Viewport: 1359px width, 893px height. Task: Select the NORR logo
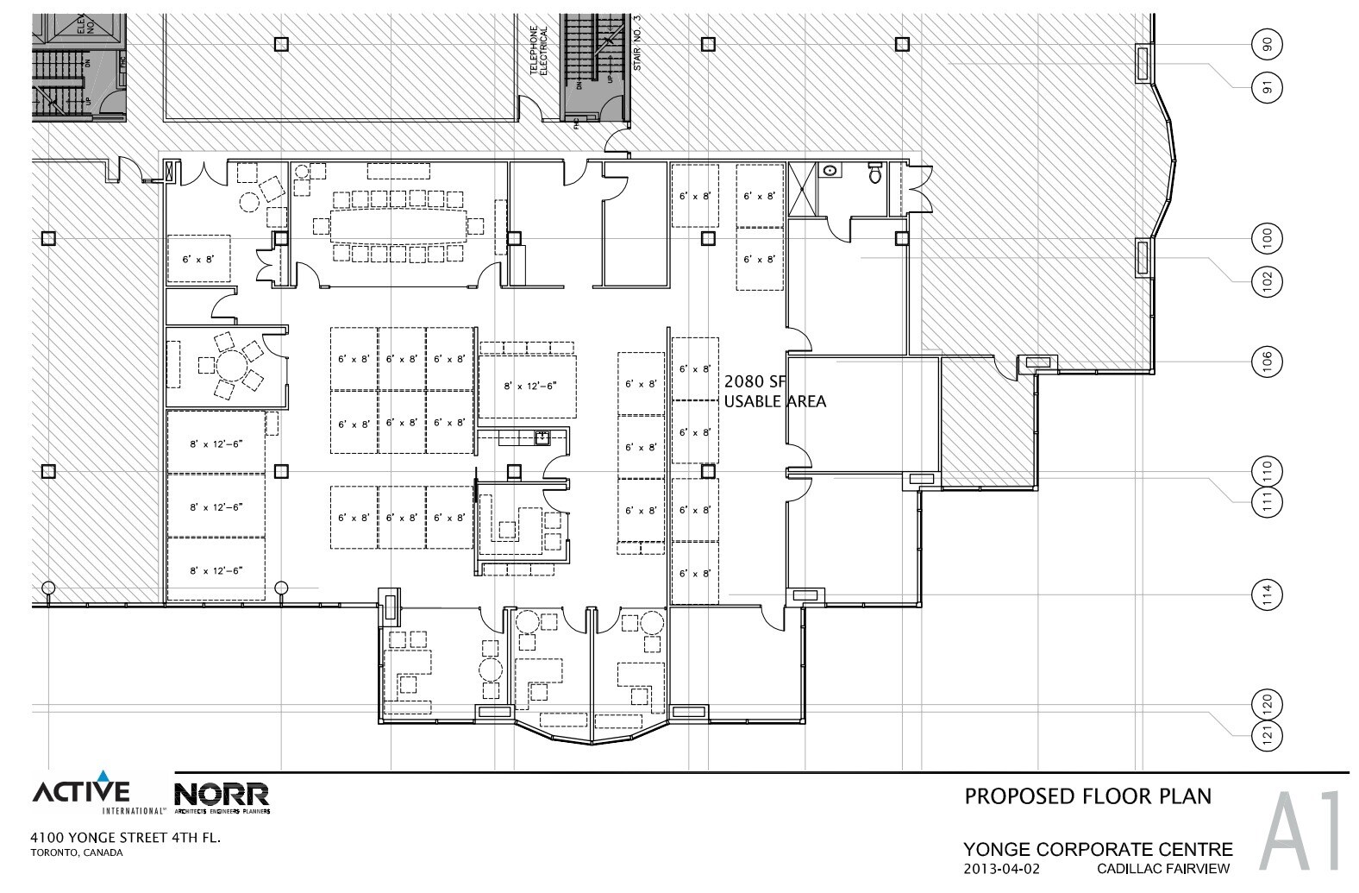click(222, 796)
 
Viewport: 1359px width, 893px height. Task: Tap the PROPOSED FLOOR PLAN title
click(1087, 796)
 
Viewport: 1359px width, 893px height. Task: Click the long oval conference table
click(398, 226)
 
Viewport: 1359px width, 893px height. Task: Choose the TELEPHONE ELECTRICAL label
click(539, 52)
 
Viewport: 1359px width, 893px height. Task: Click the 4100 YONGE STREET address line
click(128, 837)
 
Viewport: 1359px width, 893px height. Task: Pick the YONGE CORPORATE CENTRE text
click(1098, 849)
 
